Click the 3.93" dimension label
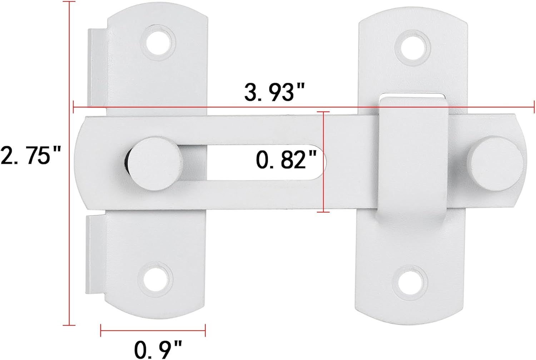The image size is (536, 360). click(x=274, y=92)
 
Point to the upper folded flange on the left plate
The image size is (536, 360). click(x=96, y=68)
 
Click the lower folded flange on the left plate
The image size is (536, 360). click(x=95, y=254)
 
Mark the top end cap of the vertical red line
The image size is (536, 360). click(x=69, y=2)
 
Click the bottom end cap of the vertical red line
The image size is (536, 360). click(x=69, y=325)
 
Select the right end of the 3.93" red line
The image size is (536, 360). click(x=534, y=107)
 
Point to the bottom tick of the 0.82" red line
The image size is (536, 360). click(x=323, y=212)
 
